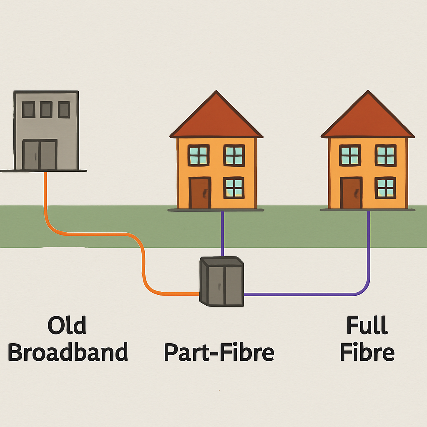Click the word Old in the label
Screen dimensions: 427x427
pos(67,326)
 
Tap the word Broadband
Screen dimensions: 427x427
pos(68,353)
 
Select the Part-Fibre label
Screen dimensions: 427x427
pos(219,353)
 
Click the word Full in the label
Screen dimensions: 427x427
pos(367,326)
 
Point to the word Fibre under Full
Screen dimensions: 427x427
pos(367,353)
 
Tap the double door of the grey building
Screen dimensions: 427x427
pos(40,155)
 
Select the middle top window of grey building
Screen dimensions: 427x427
pos(46,109)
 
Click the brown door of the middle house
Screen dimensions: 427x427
pos(200,193)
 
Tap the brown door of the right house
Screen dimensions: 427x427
pos(351,193)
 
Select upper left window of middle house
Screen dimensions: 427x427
pos(198,155)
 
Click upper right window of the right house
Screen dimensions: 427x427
pos(385,155)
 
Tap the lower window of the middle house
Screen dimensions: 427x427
pos(234,188)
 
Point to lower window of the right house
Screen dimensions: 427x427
pos(385,188)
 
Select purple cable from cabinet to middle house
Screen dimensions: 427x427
pos(222,234)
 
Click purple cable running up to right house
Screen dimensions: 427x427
pos(369,250)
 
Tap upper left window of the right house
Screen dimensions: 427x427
pos(350,155)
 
